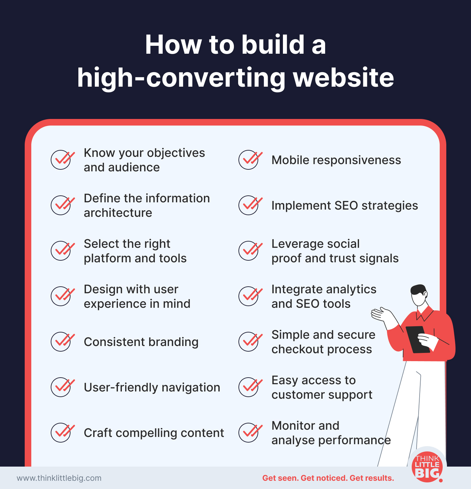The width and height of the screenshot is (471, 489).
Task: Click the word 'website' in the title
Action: pos(344,78)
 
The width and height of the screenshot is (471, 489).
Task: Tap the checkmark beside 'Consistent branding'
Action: pos(63,341)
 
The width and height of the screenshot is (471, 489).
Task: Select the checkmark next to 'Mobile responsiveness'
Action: pos(250,159)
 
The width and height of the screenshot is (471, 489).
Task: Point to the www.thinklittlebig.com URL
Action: pos(59,478)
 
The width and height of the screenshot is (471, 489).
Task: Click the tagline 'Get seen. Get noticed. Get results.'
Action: pos(328,478)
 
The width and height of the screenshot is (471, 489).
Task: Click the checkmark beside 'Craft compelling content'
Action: pos(63,432)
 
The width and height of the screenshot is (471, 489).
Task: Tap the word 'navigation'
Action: pos(191,387)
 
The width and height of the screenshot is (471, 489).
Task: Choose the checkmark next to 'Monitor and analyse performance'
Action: pos(250,432)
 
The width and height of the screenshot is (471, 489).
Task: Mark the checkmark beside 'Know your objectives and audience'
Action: pos(63,159)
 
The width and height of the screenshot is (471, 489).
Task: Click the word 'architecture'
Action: pos(118,213)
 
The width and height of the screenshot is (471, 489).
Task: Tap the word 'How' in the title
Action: pos(173,45)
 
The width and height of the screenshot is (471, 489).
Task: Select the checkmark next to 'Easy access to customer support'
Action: pos(250,387)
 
